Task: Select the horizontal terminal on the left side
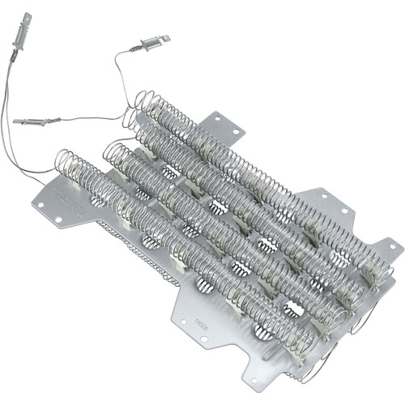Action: [x=36, y=122]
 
